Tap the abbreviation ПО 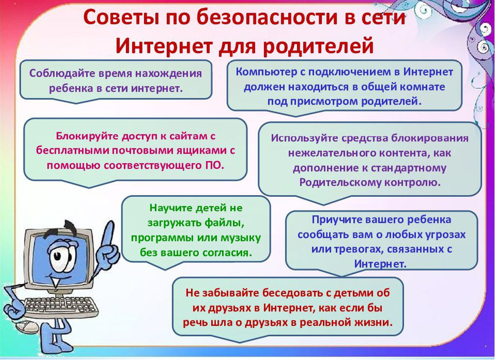215,165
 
